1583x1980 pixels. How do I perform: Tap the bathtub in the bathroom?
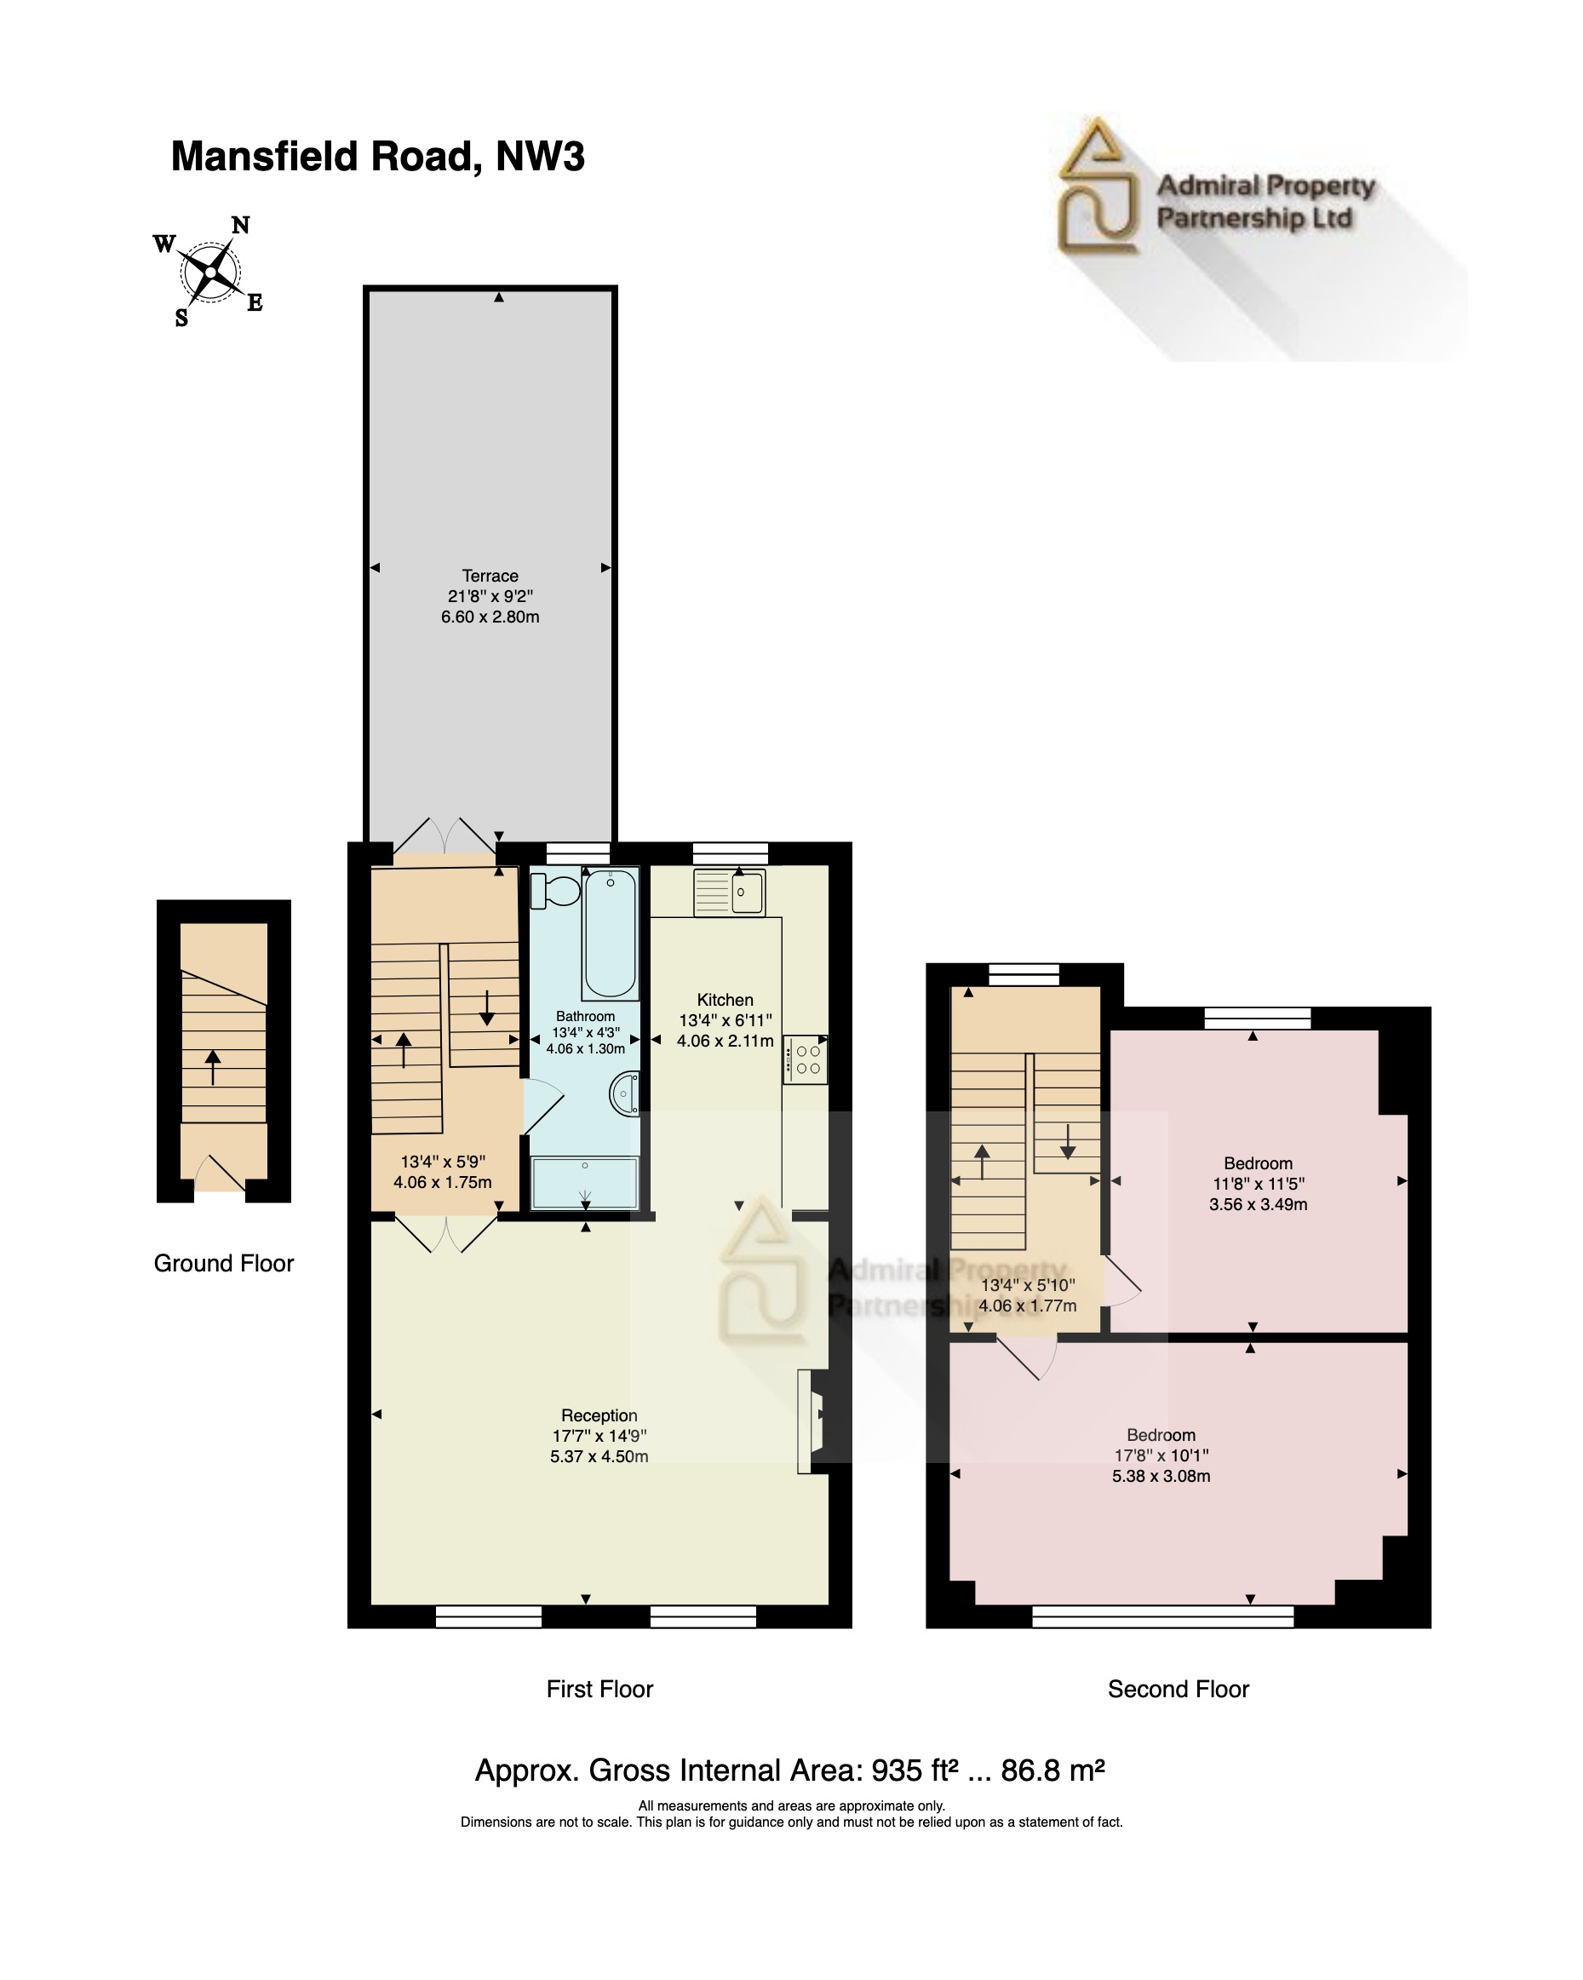click(611, 933)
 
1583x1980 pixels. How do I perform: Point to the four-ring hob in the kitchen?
click(806, 1059)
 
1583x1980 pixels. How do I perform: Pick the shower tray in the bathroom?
click(585, 1183)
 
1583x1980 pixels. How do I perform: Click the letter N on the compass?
click(241, 225)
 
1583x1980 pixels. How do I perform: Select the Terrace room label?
click(490, 576)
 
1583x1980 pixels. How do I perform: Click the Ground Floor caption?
click(223, 1263)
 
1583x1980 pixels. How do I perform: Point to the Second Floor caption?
click(1178, 1689)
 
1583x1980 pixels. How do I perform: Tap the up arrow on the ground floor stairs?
click(212, 1067)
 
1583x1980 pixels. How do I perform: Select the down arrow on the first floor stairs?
click(487, 1007)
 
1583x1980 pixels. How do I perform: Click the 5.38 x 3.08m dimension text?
click(1161, 1476)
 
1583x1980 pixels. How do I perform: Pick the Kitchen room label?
click(725, 999)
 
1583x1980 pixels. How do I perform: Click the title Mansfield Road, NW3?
click(377, 156)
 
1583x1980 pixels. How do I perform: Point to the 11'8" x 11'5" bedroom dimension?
click(1258, 1184)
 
